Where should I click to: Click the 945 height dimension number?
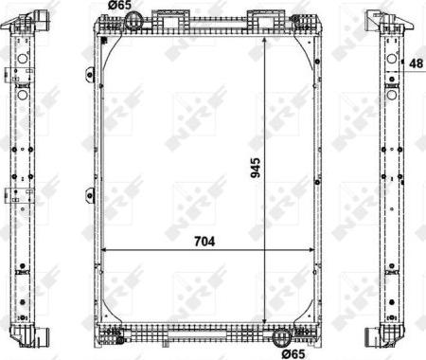coord(254,168)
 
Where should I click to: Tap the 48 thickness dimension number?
coord(416,63)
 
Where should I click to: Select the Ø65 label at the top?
coord(118,6)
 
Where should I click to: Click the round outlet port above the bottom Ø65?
coord(279,336)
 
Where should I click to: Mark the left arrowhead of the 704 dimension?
coord(103,250)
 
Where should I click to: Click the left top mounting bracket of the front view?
coord(170,16)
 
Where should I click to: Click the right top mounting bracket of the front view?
coord(262,16)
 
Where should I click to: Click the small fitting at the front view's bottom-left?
coord(113,333)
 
